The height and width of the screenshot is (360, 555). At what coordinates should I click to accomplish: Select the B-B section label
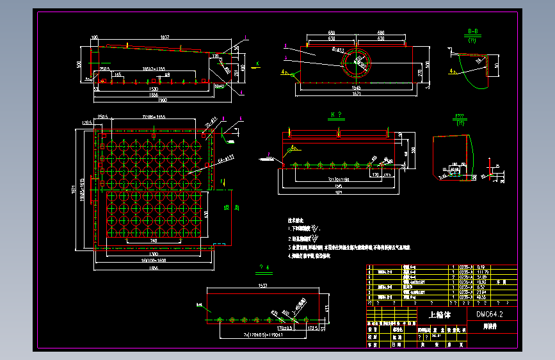(474, 31)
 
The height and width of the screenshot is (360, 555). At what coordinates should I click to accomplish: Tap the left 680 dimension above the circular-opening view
(332, 32)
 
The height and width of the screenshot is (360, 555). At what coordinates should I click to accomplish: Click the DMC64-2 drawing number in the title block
(490, 315)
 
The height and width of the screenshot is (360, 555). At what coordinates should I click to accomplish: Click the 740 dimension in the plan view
(154, 241)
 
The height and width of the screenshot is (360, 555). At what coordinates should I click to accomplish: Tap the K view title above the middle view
(336, 115)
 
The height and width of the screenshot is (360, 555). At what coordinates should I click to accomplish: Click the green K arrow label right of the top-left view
(257, 63)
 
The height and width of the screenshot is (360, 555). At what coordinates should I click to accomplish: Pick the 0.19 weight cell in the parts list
(481, 266)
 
